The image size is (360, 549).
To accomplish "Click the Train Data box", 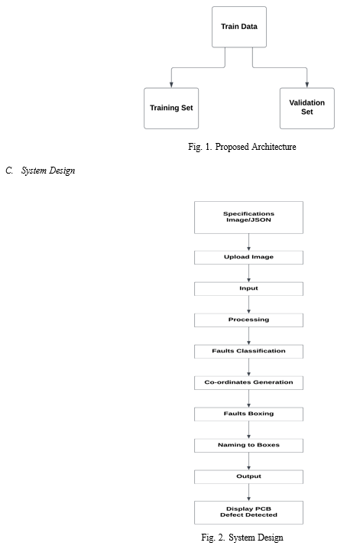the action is click(239, 27).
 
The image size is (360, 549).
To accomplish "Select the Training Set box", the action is click(171, 108).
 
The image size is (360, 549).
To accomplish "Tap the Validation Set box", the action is click(306, 108).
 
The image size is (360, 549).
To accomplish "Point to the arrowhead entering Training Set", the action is click(171, 85).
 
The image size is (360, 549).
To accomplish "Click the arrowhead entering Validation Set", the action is click(306, 85).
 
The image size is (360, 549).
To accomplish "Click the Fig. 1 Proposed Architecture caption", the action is click(242, 147).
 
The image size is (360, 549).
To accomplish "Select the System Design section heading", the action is click(41, 171).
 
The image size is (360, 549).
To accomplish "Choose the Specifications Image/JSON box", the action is click(248, 217).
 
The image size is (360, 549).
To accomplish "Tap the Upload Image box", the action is click(248, 258).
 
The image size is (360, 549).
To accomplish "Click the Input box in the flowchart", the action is click(248, 289).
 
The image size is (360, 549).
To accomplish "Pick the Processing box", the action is click(248, 320).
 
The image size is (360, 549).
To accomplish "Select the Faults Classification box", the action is click(248, 352).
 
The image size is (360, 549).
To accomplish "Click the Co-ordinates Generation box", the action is click(248, 382).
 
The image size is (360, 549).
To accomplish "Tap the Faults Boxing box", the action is click(248, 414).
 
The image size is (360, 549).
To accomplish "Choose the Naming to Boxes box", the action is click(248, 445).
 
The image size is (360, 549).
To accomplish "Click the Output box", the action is click(248, 477).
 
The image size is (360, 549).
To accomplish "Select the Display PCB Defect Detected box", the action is click(248, 512).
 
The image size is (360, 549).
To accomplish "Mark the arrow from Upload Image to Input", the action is click(248, 273).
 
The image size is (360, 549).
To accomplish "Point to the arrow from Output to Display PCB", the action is click(248, 492).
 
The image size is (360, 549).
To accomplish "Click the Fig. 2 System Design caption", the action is click(242, 538).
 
